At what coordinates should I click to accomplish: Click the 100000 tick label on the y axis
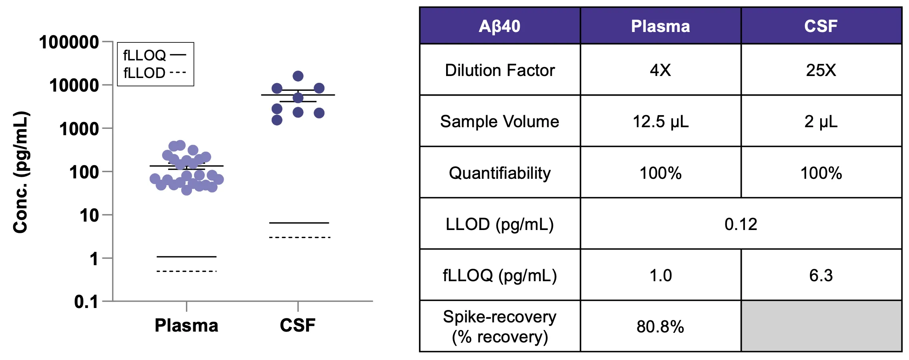[x=69, y=42]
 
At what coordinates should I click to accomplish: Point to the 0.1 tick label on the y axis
[x=86, y=302]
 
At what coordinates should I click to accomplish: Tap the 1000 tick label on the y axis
[x=79, y=129]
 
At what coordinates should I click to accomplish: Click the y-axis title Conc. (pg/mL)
[x=21, y=172]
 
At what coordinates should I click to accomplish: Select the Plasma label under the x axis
[x=186, y=325]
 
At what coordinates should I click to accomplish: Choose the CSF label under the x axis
[x=298, y=325]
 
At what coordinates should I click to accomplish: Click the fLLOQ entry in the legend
[x=154, y=55]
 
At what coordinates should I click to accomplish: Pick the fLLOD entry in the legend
[x=154, y=73]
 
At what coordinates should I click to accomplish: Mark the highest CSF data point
[x=298, y=76]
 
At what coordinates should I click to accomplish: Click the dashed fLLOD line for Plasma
[x=186, y=271]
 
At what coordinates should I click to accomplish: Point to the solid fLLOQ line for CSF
[x=299, y=223]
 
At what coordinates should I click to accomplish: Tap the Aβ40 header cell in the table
[x=500, y=26]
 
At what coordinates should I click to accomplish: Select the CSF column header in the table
[x=821, y=26]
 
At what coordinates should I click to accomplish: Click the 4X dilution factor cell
[x=661, y=70]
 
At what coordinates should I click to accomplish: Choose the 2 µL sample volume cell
[x=821, y=121]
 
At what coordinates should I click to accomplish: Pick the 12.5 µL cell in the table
[x=661, y=121]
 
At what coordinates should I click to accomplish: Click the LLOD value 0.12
[x=741, y=224]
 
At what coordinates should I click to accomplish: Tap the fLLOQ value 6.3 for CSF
[x=821, y=275]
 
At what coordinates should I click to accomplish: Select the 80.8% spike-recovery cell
[x=661, y=326]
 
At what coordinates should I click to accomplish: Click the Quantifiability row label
[x=500, y=173]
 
